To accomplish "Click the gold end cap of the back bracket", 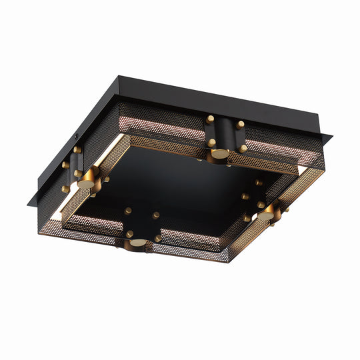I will (x=218, y=154).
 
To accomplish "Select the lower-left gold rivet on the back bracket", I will (x=211, y=143).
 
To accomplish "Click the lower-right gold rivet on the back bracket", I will (x=243, y=148).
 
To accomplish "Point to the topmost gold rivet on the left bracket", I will (x=77, y=150).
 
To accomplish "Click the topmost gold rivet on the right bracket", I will (x=258, y=182).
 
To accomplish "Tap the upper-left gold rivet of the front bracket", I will (x=127, y=211).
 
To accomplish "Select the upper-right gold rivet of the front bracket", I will (x=155, y=215).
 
